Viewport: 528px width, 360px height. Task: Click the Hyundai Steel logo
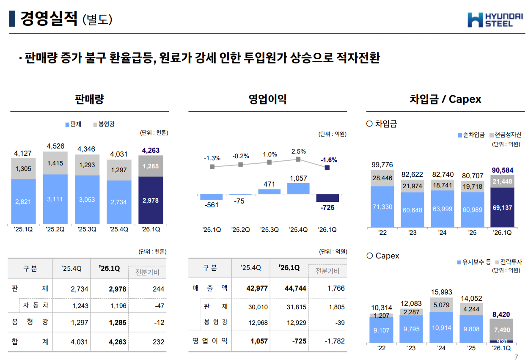point(495,19)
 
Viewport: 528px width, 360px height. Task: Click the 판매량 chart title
point(89,99)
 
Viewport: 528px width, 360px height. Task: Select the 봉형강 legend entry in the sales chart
point(104,124)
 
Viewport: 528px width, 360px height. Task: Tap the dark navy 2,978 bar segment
point(151,200)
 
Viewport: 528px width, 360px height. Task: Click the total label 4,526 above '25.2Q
point(55,146)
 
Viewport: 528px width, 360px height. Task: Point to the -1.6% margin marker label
point(329,160)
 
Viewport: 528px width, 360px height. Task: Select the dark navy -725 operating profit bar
point(327,198)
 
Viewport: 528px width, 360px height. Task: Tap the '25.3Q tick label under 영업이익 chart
point(269,230)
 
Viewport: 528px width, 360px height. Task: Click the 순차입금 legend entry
point(471,135)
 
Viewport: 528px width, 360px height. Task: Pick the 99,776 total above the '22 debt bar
point(382,165)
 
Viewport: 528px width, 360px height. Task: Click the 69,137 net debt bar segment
point(502,208)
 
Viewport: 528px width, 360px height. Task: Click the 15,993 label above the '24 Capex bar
point(441,292)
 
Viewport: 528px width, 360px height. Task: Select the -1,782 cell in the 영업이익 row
point(335,341)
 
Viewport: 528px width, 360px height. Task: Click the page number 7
point(516,357)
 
